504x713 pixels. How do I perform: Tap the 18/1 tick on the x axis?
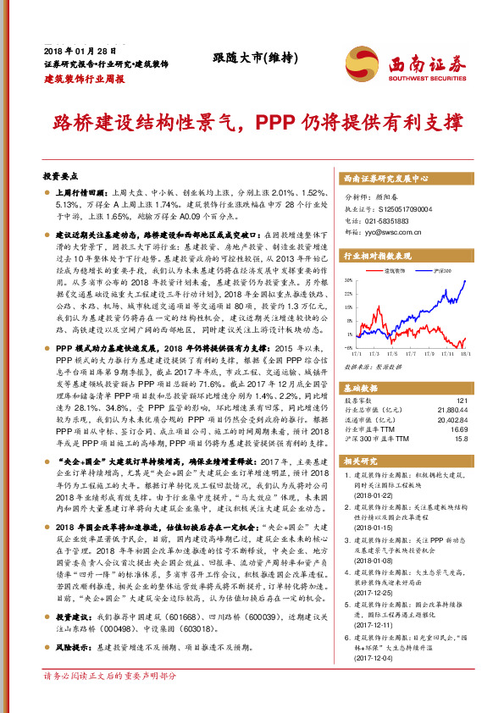coord(465,354)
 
